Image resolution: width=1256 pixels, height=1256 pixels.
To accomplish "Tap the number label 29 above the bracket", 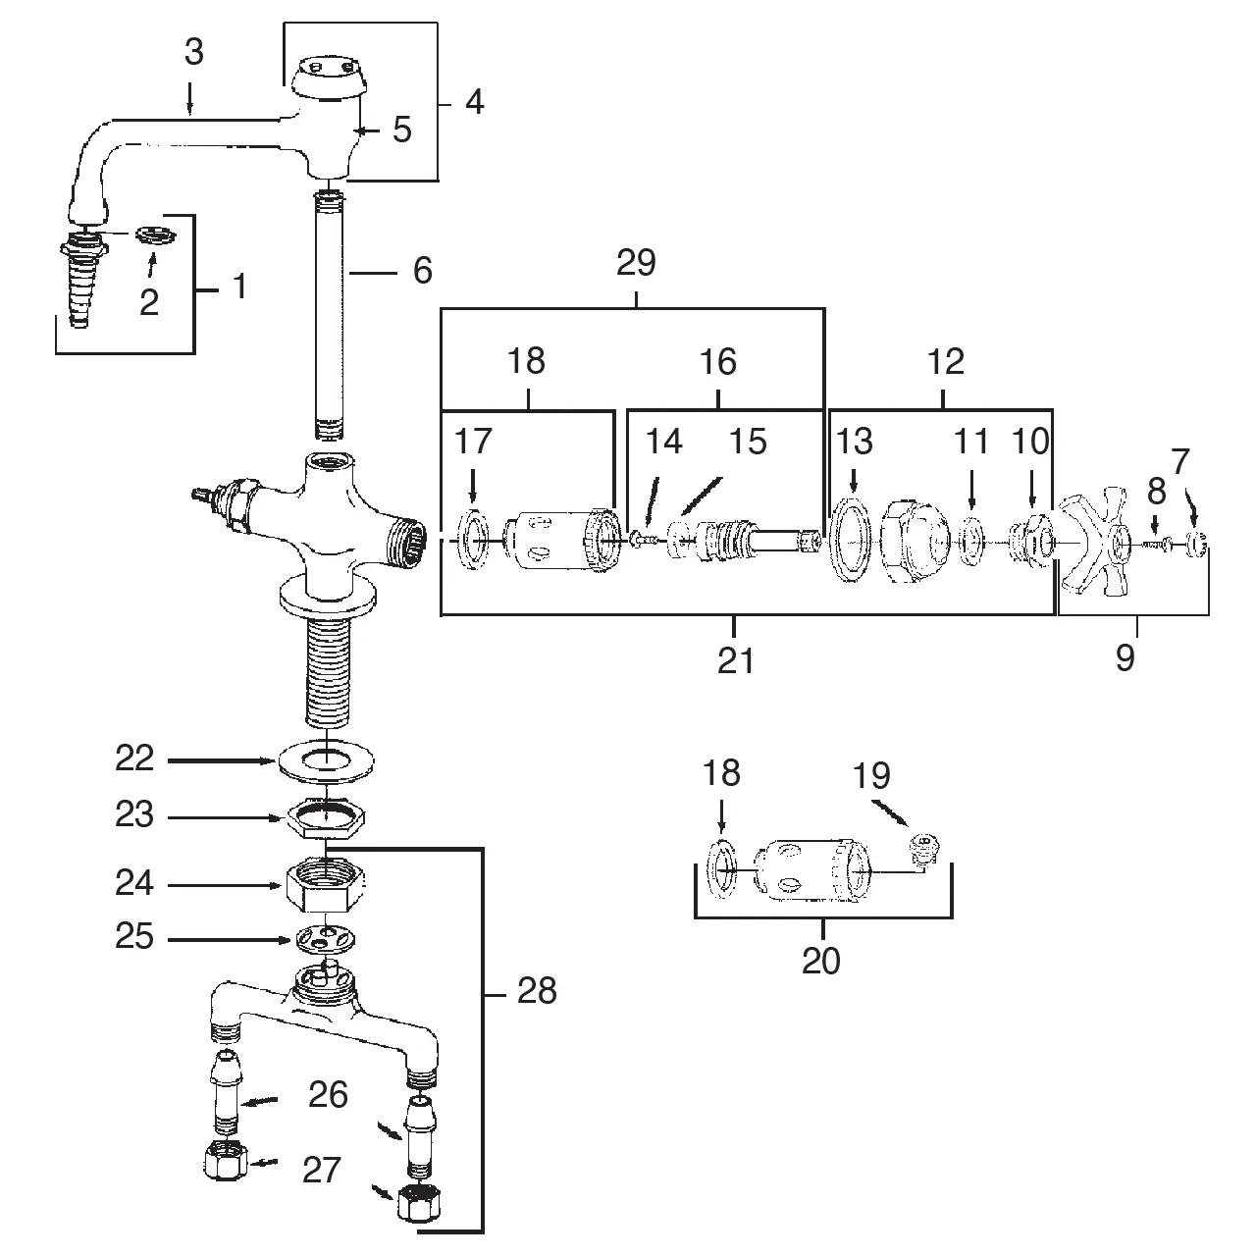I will click(637, 264).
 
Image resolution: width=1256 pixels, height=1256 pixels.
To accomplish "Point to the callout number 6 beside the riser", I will click(422, 271).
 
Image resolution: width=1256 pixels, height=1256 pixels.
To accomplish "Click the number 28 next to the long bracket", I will click(536, 991).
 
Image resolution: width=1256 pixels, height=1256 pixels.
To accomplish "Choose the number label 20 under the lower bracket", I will click(821, 961).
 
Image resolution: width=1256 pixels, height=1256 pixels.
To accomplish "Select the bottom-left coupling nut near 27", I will click(225, 1164).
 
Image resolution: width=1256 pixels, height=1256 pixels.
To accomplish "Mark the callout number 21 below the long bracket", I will click(735, 660).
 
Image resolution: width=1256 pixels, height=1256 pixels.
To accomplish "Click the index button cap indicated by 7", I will click(1196, 543).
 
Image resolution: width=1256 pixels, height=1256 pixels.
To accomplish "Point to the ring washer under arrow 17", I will click(475, 541).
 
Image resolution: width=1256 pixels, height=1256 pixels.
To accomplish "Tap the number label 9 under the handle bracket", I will click(1125, 657).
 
